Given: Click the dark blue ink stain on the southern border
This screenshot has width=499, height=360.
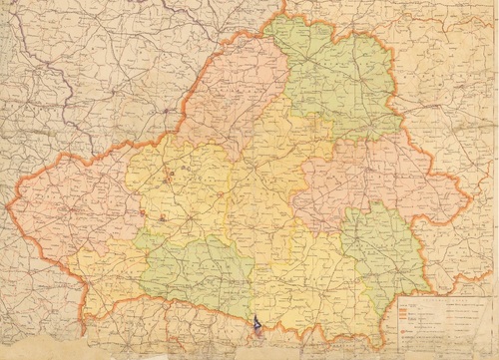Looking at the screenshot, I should click(x=257, y=322).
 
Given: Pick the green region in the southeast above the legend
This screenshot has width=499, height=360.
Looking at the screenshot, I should click(x=384, y=249).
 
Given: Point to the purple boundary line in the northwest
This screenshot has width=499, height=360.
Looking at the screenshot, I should click(x=60, y=90).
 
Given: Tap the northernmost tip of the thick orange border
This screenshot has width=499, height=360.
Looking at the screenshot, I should click(x=285, y=14).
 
